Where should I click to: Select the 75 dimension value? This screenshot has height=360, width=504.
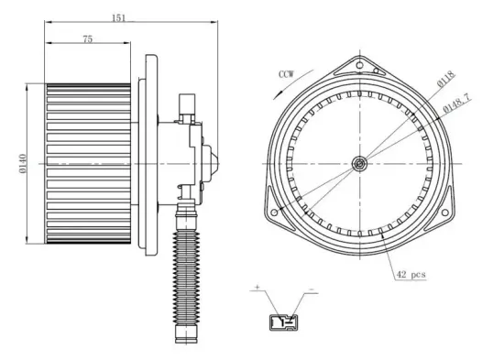(87, 38)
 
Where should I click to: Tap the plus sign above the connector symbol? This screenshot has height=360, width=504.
(257, 289)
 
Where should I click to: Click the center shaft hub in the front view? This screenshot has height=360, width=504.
(360, 164)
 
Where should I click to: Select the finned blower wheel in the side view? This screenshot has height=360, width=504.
(88, 162)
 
